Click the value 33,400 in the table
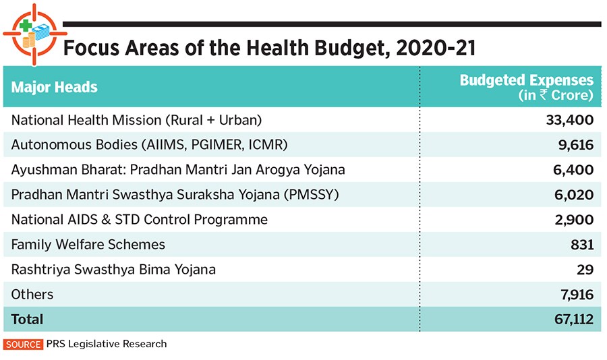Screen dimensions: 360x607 [x=569, y=120]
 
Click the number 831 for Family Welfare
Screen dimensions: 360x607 [x=581, y=245]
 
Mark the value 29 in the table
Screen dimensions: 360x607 [x=585, y=270]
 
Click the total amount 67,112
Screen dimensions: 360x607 [x=571, y=320]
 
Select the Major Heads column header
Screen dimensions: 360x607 [x=55, y=87]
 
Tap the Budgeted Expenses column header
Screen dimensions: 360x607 [x=526, y=87]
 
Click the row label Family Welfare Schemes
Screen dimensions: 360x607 [x=88, y=245]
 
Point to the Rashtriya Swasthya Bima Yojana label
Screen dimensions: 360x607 [x=113, y=270]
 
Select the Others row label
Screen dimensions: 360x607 [x=32, y=295]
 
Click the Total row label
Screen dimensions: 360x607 [x=27, y=320]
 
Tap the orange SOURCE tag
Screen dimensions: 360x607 [x=24, y=344]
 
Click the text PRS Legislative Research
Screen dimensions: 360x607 [x=107, y=344]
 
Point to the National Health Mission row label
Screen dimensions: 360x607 [x=136, y=120]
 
